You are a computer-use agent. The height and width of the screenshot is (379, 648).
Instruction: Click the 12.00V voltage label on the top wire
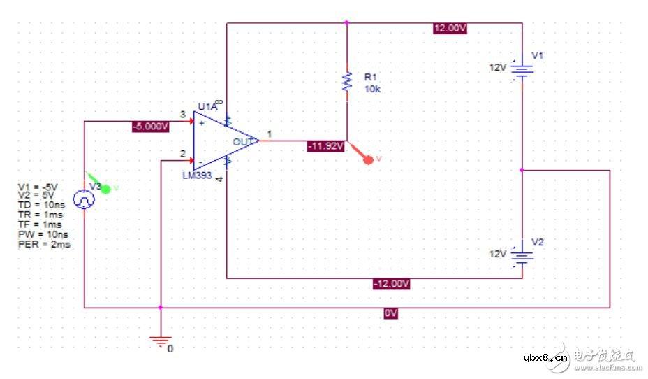click(450, 29)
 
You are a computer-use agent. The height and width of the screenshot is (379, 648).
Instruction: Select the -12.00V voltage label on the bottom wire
click(390, 284)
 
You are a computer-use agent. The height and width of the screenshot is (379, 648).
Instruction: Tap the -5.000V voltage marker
click(151, 127)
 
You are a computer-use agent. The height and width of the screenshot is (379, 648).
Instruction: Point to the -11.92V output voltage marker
click(325, 146)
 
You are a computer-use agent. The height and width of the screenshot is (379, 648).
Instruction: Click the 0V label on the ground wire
click(391, 314)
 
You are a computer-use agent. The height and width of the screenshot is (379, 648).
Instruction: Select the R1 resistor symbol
click(346, 81)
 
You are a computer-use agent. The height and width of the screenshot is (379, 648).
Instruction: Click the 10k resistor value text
click(373, 90)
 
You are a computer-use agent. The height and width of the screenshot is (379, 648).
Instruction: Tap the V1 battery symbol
click(522, 69)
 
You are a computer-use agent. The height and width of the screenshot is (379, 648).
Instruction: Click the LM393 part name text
click(198, 176)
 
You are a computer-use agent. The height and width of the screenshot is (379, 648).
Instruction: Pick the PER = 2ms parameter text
click(44, 245)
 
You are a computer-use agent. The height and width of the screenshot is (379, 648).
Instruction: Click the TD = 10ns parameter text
click(42, 205)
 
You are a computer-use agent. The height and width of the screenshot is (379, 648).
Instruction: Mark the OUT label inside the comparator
click(242, 142)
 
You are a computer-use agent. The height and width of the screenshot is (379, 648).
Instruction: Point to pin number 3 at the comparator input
click(182, 114)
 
